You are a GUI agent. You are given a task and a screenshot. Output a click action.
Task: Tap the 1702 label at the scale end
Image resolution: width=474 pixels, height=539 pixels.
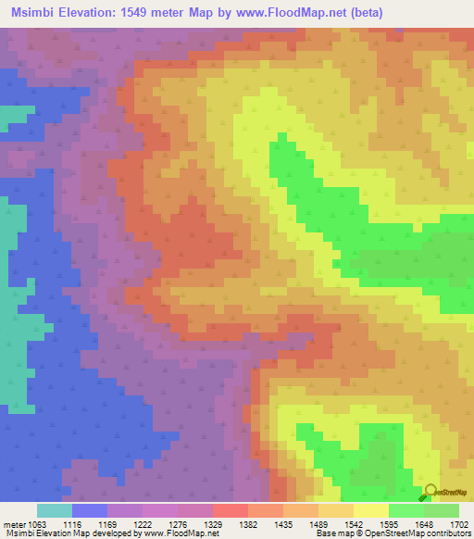coord(458,524)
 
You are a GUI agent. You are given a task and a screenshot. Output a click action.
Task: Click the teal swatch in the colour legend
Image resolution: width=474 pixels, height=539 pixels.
coord(55,510)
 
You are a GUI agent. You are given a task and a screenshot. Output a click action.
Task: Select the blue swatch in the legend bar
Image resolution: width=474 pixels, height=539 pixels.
coord(90,510)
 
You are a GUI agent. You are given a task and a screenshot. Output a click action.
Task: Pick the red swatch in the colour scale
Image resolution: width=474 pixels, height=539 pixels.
coord(230,510)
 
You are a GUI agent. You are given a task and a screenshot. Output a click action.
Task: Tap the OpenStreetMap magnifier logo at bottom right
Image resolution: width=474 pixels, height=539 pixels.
coord(430,492)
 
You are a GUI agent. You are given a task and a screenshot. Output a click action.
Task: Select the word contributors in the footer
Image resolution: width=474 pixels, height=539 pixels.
coord(447,534)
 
